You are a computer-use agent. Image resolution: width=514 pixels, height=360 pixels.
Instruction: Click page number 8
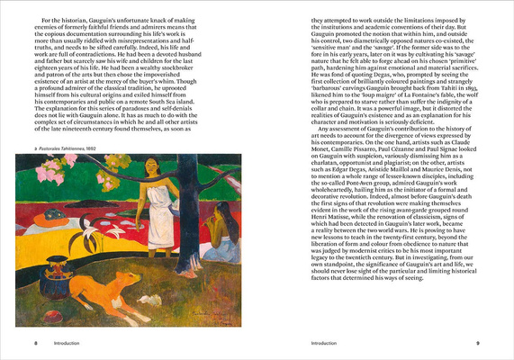[x=35, y=343]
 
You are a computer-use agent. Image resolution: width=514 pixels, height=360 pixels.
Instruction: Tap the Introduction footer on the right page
[x=328, y=343]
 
